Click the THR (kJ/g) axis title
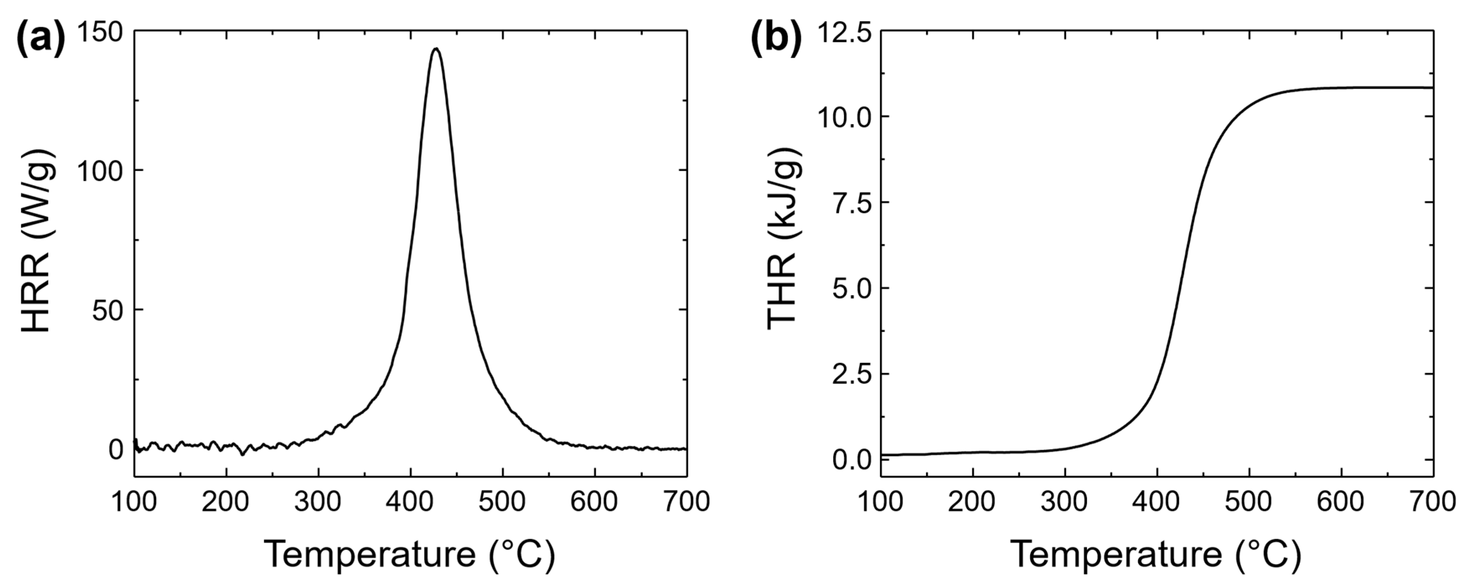pos(784,239)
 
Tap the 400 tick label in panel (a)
pos(410,502)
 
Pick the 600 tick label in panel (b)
pos(1341,502)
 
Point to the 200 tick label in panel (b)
pos(972,502)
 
